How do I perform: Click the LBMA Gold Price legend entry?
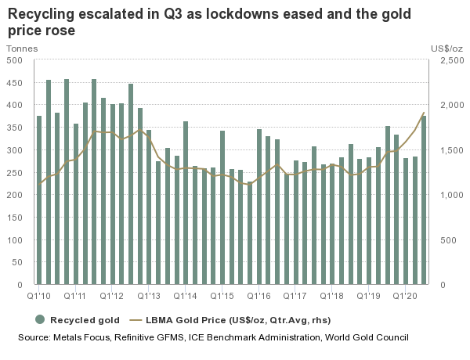(x=235, y=319)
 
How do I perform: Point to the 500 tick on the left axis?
(x=15, y=59)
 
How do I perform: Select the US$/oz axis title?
(x=446, y=49)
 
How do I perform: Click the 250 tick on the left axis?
(x=15, y=172)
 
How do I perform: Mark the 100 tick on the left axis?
(x=15, y=239)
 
